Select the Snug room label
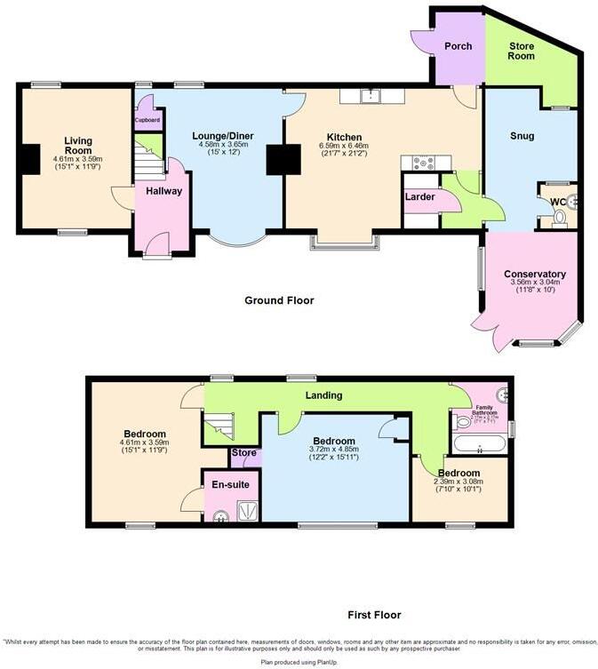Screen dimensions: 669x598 [522, 136]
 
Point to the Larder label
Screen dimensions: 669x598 [419, 196]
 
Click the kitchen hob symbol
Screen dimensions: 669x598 [419, 162]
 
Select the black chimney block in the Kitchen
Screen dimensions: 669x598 [285, 160]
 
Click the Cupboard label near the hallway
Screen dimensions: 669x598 [147, 119]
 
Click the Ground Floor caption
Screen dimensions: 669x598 [279, 300]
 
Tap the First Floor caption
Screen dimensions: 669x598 [373, 615]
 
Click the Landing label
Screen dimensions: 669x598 [324, 395]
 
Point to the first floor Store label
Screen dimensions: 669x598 [243, 452]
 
